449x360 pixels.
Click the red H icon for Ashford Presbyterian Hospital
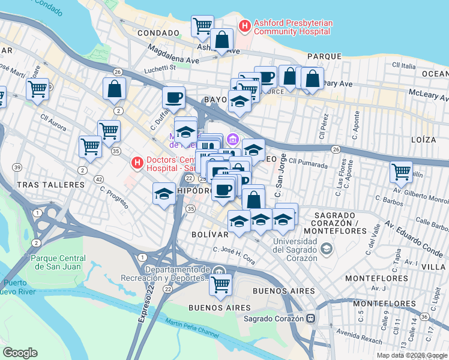245,26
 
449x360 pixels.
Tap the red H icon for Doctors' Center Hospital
137,162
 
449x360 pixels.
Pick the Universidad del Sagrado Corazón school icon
326,248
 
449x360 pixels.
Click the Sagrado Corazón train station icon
311,319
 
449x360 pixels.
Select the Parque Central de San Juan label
56,262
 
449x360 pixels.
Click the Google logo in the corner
20,353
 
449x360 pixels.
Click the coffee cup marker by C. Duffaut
173,97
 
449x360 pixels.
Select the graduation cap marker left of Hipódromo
164,194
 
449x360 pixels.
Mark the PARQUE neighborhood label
324,56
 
